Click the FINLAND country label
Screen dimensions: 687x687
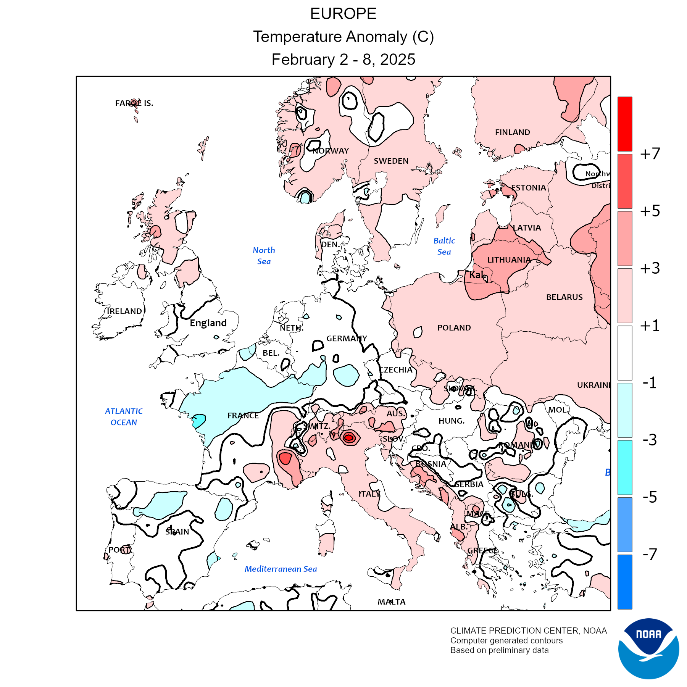(512, 132)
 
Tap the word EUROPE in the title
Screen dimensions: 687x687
(343, 14)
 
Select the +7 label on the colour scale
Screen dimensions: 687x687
(650, 154)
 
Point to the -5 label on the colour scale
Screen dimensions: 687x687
(650, 497)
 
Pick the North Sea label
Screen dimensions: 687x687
(264, 256)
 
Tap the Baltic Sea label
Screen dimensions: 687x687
(444, 246)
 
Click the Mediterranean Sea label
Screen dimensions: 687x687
(281, 569)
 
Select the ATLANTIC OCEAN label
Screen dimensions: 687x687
(124, 417)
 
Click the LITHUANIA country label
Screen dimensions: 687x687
(509, 260)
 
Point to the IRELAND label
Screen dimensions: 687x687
(124, 311)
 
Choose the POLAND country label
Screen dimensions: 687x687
(454, 328)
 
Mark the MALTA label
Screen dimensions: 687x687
(392, 602)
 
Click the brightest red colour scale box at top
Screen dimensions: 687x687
(625, 124)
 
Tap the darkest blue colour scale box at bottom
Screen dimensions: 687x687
(625, 582)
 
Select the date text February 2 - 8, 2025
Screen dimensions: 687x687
(343, 60)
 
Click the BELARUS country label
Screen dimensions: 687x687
(564, 297)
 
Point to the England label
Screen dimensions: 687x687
(208, 323)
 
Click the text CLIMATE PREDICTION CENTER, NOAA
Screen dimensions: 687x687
(528, 631)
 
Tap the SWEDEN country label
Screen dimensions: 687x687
(391, 161)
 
